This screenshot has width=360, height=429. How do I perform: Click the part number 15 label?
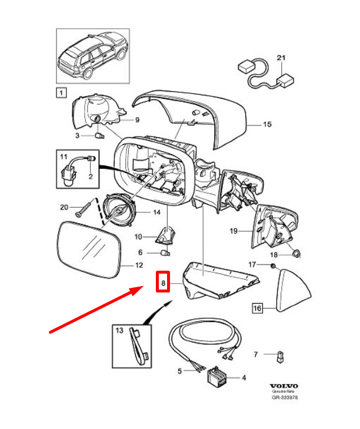[267, 125]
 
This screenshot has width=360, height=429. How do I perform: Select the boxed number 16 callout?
[257, 308]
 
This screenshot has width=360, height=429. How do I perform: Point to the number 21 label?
[280, 58]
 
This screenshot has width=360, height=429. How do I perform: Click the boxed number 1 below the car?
[61, 92]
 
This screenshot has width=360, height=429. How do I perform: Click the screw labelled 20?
[88, 207]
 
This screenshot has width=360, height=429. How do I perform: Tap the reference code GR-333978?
[284, 398]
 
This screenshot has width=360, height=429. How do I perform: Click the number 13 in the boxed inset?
[119, 331]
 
